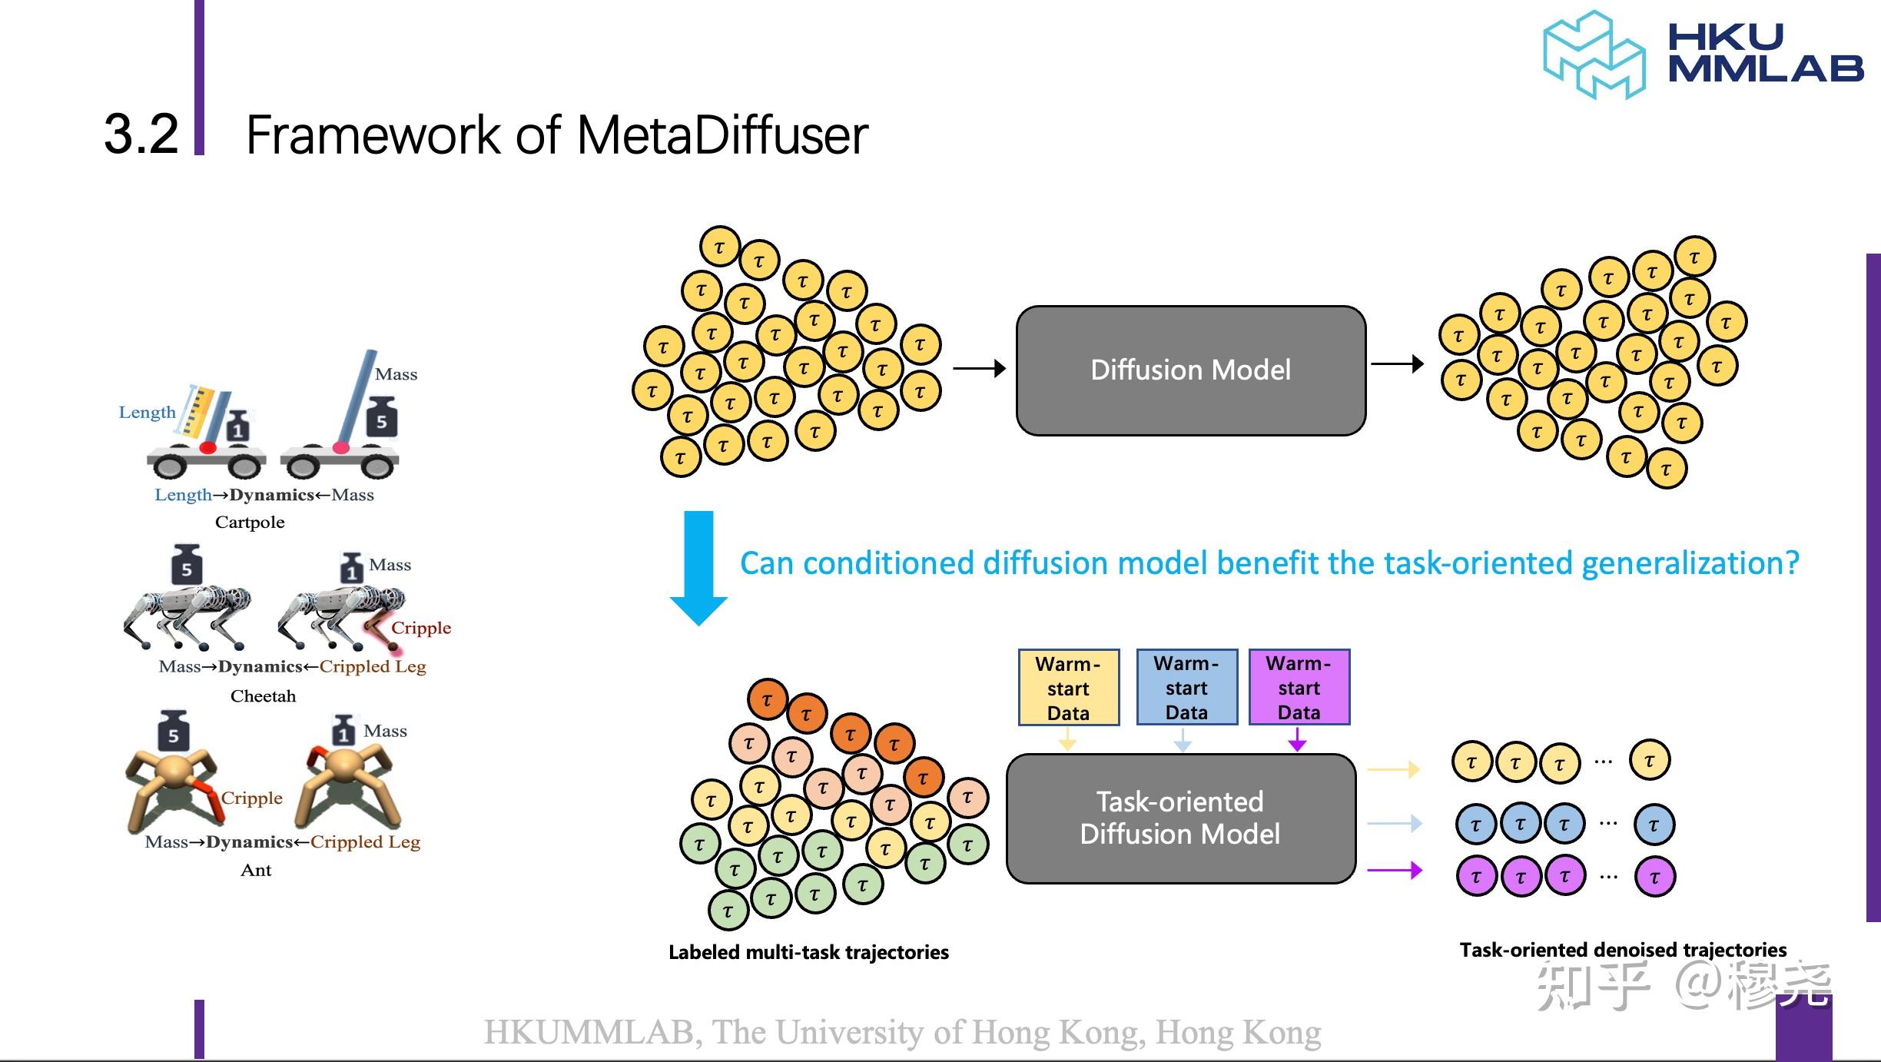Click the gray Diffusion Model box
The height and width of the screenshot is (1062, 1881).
(x=1190, y=370)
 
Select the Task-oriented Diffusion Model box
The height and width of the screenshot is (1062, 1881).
(x=1180, y=818)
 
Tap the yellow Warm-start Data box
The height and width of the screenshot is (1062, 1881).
(x=1068, y=688)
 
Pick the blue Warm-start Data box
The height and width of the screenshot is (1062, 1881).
(x=1186, y=688)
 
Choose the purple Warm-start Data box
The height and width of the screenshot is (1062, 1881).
(x=1299, y=688)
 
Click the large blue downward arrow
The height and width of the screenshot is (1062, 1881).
(x=698, y=569)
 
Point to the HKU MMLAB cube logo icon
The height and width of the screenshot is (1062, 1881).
(x=1594, y=55)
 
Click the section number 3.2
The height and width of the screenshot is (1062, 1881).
(x=141, y=134)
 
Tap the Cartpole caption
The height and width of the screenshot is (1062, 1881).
(x=250, y=523)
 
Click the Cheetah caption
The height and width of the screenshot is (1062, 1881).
(x=263, y=696)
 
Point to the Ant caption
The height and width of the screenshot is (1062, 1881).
(x=256, y=870)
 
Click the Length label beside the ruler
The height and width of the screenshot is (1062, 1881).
(x=147, y=412)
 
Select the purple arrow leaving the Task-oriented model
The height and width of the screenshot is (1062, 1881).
(x=1395, y=871)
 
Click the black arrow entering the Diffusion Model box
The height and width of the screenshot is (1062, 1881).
(x=979, y=369)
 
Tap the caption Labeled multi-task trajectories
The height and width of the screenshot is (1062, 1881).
(x=808, y=953)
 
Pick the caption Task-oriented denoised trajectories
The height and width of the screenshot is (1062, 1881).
(x=1623, y=951)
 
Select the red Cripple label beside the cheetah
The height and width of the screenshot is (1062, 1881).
(x=421, y=628)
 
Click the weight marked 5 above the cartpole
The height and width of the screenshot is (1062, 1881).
(x=381, y=418)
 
